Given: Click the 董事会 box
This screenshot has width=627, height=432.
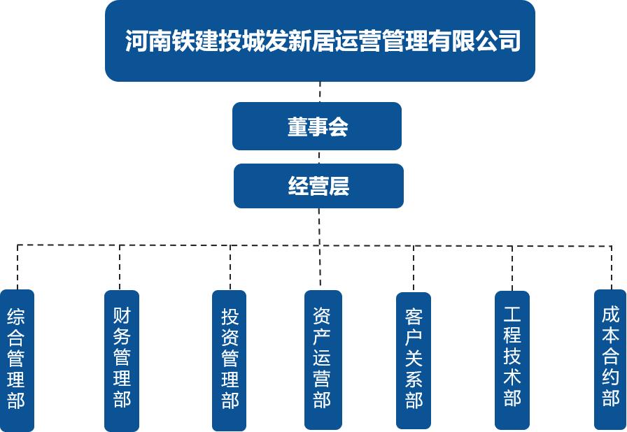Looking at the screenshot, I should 317,127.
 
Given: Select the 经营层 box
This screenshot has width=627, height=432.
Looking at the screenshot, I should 318,186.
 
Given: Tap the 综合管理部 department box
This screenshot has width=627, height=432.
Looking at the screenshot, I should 17,360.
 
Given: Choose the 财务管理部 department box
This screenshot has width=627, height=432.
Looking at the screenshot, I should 121,360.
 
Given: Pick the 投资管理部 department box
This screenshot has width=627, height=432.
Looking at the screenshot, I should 230,360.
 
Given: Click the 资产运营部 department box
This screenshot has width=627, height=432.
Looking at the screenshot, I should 323,360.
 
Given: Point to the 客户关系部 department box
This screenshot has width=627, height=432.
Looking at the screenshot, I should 414,360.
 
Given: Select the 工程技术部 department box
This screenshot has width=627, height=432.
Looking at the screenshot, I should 512,360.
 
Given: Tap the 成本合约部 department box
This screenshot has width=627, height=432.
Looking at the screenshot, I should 610,360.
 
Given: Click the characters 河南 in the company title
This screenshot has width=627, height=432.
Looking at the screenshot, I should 149,41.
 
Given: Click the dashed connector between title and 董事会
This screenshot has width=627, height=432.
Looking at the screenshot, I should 320,92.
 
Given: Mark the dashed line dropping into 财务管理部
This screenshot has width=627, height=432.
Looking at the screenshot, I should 120,267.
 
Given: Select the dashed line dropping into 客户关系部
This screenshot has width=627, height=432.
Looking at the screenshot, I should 414,268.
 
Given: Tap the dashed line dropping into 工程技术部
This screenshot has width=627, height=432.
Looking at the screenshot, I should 512,268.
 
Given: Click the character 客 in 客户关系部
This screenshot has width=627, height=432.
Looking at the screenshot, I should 414,317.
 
